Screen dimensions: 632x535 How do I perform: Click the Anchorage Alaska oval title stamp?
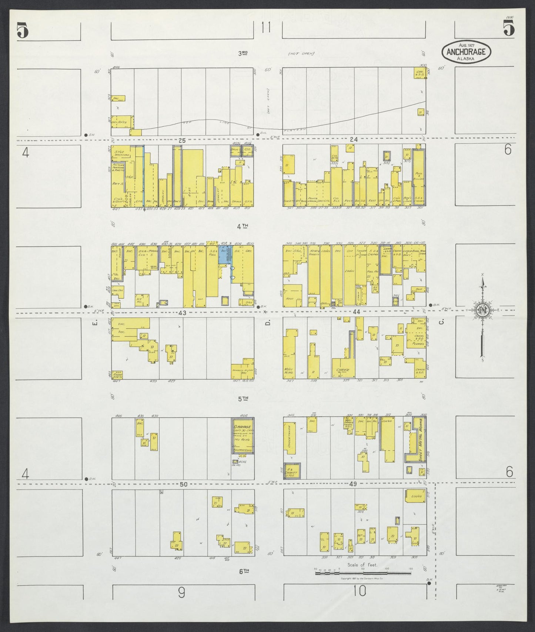click(x=466, y=52)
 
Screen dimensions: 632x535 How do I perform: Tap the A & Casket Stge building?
click(x=292, y=471)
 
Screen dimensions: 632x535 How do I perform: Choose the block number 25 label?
click(x=181, y=140)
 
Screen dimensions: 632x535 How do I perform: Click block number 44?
click(x=356, y=312)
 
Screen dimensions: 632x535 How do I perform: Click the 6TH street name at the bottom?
click(x=243, y=571)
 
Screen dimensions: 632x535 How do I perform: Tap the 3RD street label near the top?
click(x=243, y=53)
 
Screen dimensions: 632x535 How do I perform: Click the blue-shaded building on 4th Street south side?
click(x=224, y=255)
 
